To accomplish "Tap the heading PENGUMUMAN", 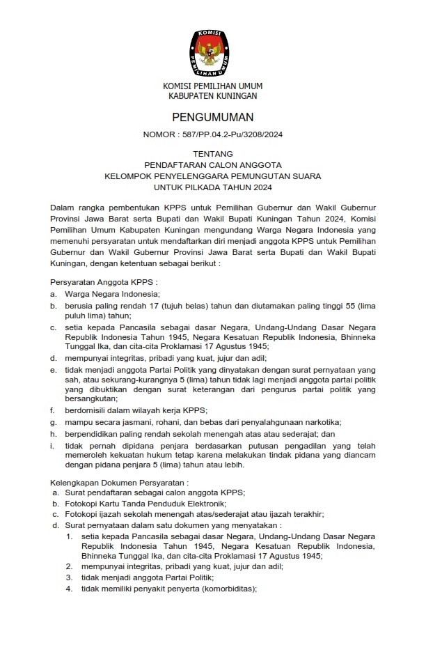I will [x=213, y=116].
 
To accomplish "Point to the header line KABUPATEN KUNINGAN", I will [x=212, y=95].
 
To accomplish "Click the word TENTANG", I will [x=213, y=154].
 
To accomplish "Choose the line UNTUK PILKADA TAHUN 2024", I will [x=213, y=187].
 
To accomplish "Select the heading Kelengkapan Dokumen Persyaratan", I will [x=120, y=481].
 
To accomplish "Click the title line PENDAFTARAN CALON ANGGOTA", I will [x=213, y=165].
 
